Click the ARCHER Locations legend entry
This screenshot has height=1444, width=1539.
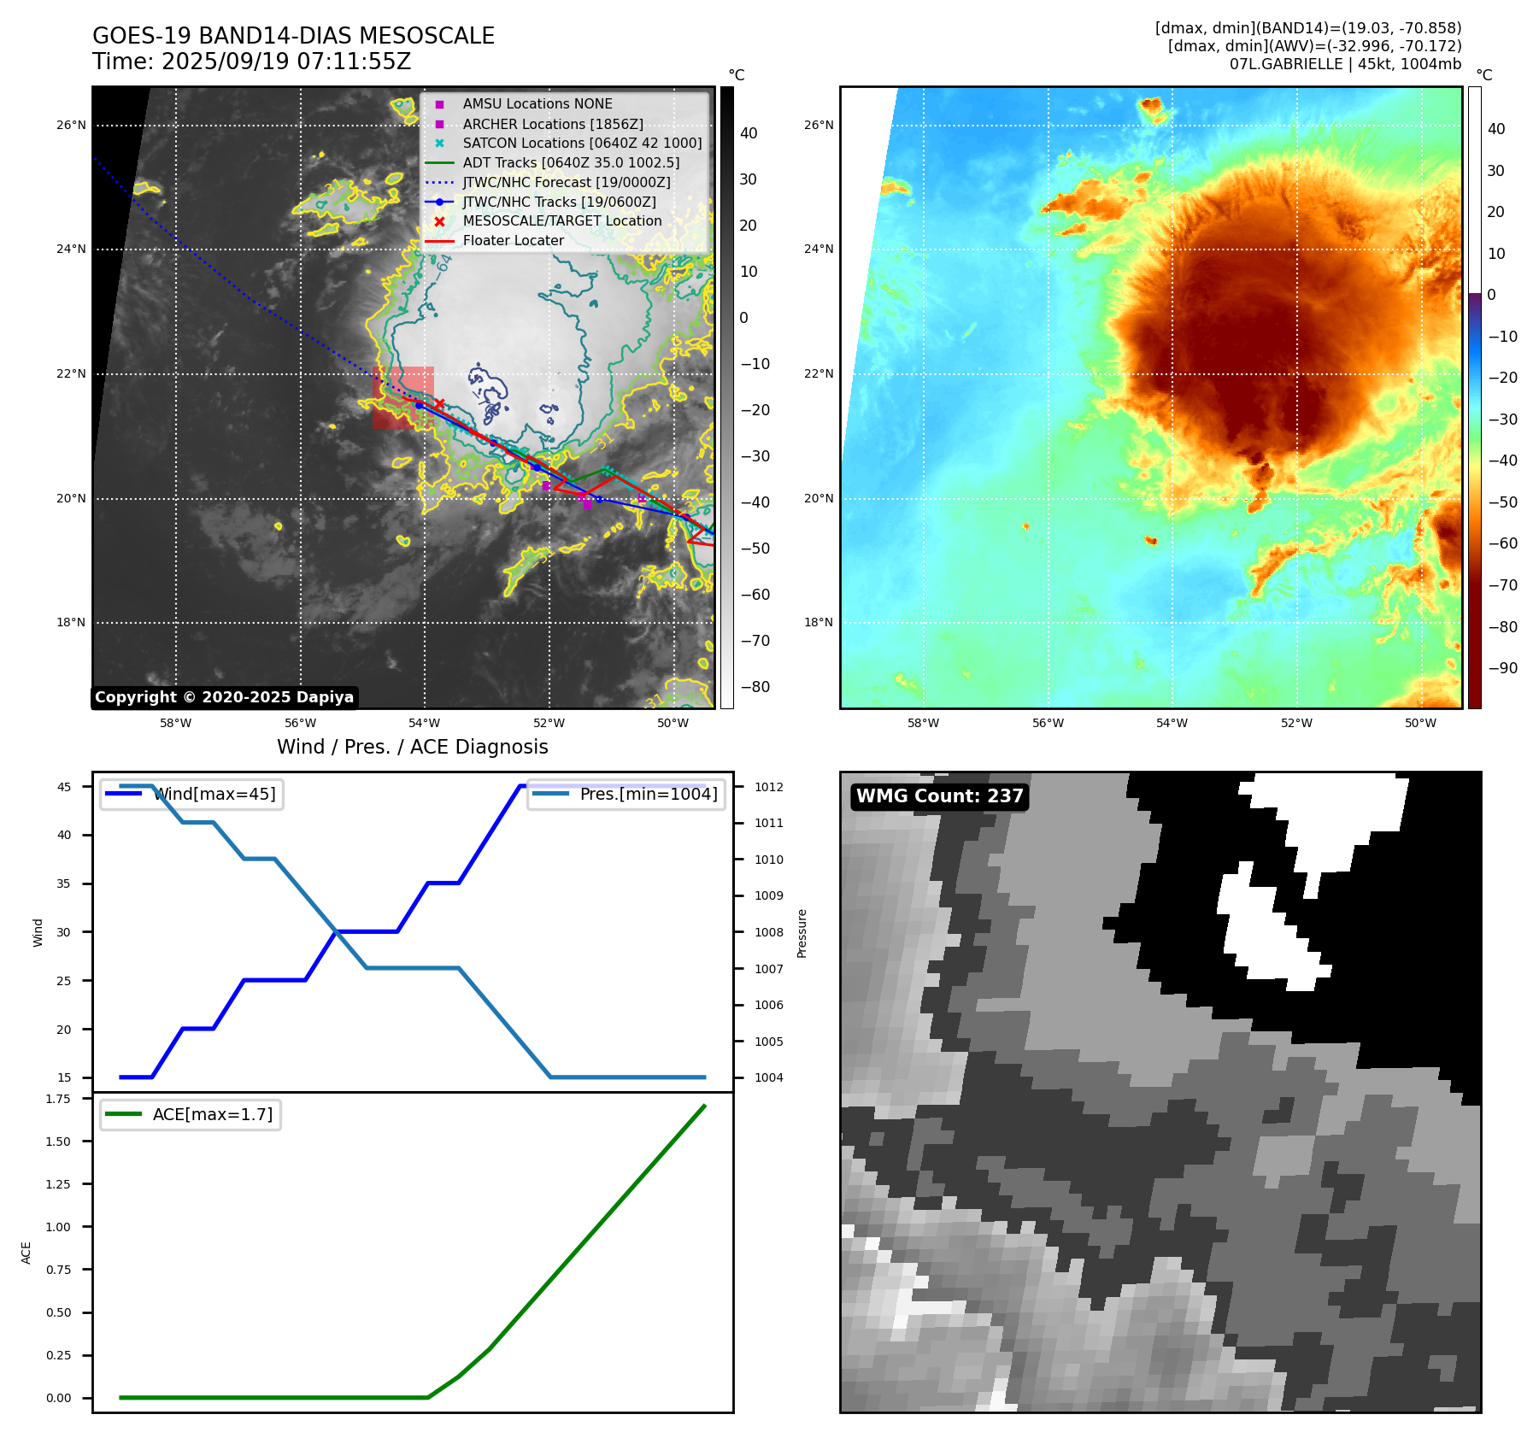coord(552,124)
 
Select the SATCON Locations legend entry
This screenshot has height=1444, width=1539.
coord(581,144)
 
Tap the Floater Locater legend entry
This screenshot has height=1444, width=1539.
coord(513,241)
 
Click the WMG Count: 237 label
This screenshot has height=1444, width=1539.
coord(939,796)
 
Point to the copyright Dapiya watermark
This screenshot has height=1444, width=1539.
coord(224,697)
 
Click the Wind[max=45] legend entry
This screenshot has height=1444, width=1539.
coord(214,795)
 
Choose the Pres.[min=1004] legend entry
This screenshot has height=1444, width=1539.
coord(648,795)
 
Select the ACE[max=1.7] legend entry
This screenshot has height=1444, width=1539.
coord(212,1115)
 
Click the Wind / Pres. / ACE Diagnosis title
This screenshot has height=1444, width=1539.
coord(412,748)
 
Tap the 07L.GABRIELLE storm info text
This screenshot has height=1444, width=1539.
coord(1344,64)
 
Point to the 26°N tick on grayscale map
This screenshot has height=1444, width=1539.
coord(71,126)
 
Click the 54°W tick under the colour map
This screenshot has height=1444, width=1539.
coord(1172,724)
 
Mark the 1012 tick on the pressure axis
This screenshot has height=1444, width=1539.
coord(768,787)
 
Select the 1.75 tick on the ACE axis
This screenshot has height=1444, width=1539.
coord(58,1099)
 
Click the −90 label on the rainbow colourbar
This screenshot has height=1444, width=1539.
coord(1502,668)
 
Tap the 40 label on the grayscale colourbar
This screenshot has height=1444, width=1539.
coord(749,133)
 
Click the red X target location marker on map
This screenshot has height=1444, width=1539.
coord(439,403)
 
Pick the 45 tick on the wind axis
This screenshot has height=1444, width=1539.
coord(64,787)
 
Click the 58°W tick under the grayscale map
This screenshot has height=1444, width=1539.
coord(176,724)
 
